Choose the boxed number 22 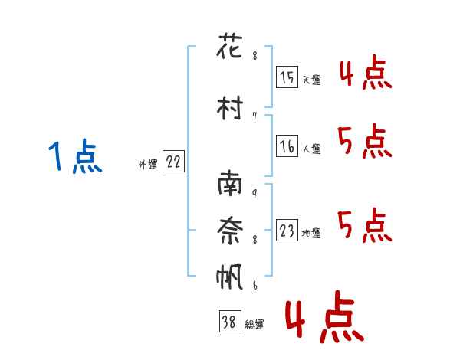point(173,162)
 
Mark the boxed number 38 point(229,323)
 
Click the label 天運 point(311,79)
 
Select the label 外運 point(147,164)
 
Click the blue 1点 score point(75,158)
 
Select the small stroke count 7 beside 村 point(254,116)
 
